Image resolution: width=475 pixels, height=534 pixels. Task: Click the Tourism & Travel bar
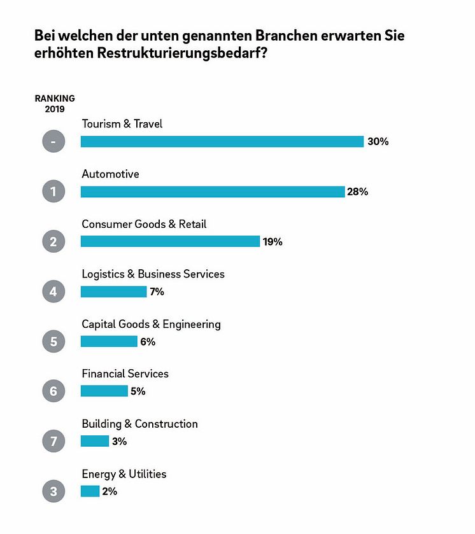click(222, 141)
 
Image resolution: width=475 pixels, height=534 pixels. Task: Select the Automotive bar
click(212, 192)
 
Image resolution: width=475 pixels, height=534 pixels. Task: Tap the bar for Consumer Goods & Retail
click(170, 241)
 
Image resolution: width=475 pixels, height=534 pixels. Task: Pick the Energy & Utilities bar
click(90, 491)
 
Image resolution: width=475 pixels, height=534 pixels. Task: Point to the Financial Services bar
click(104, 391)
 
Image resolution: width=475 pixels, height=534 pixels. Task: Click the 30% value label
click(378, 141)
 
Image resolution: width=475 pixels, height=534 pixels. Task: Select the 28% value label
click(357, 192)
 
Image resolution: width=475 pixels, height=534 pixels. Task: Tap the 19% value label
click(272, 242)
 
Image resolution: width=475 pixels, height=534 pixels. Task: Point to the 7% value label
click(157, 292)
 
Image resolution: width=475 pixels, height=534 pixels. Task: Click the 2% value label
click(110, 491)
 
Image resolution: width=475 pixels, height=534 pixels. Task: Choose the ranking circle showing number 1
click(53, 192)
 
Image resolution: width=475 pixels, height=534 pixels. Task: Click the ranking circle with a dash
click(53, 141)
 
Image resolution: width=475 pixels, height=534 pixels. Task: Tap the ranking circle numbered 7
click(53, 441)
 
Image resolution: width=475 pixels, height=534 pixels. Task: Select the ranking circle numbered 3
click(53, 491)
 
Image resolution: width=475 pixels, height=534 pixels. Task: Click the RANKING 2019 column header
click(54, 103)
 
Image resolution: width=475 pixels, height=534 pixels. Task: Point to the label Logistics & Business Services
click(153, 274)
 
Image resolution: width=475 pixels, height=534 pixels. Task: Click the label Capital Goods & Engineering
click(151, 324)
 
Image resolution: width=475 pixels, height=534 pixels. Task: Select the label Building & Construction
click(139, 424)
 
